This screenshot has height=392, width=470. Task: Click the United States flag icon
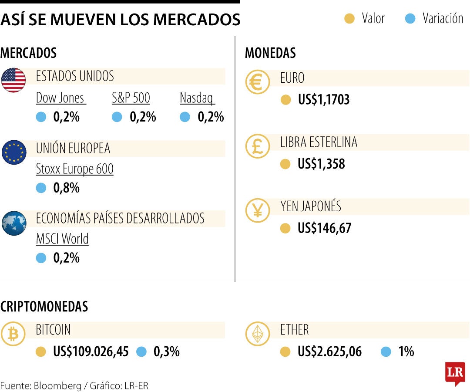13,80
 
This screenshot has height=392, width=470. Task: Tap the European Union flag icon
13,152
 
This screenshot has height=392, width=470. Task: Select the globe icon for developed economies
13,223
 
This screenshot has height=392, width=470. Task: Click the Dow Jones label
60,98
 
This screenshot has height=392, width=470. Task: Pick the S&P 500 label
131,98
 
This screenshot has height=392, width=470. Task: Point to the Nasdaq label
197,98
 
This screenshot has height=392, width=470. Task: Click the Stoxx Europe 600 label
74,169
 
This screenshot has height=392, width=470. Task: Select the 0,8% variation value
67,188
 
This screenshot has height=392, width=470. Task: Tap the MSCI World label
62,239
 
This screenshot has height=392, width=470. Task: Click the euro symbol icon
258,82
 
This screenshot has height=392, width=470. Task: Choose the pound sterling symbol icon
258,146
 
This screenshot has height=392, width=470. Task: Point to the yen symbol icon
258,210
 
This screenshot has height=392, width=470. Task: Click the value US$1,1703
324,100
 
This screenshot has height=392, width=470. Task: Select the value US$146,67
324,228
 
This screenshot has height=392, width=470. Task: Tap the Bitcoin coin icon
13,334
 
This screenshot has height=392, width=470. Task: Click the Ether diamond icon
258,334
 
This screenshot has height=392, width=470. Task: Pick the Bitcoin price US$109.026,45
91,351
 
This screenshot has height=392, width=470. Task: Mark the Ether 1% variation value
406,351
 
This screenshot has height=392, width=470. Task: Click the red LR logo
455,373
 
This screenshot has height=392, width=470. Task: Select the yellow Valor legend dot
349,19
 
